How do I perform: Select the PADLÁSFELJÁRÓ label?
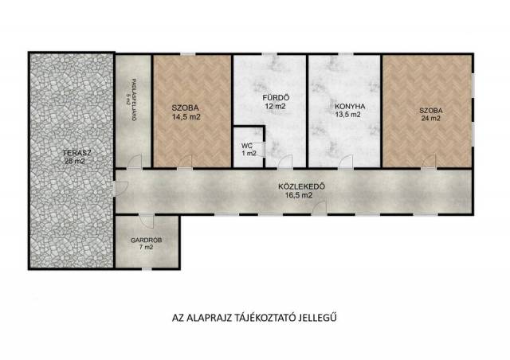134,100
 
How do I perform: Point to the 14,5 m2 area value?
186,117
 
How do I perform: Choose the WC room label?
247,146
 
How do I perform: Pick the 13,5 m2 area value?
348,115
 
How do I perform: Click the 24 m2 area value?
430,119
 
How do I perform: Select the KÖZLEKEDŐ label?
302,187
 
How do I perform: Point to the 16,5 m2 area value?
299,195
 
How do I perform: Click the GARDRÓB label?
147,241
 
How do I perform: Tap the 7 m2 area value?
147,247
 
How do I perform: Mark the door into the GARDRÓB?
147,221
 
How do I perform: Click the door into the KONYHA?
346,162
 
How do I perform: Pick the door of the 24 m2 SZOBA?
429,162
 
